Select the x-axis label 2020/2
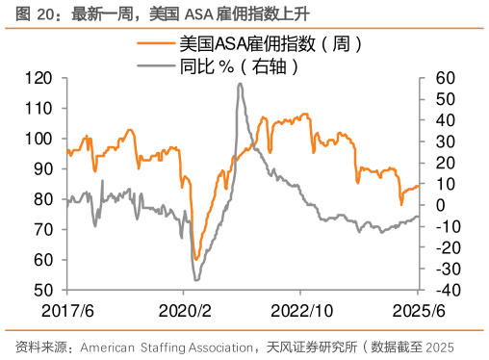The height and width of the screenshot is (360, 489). click(x=183, y=312)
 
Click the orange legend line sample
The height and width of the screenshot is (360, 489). click(x=156, y=44)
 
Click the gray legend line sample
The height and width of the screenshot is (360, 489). click(x=156, y=66)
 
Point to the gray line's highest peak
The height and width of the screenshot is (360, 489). click(x=240, y=84)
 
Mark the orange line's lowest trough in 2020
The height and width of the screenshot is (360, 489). click(x=195, y=259)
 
